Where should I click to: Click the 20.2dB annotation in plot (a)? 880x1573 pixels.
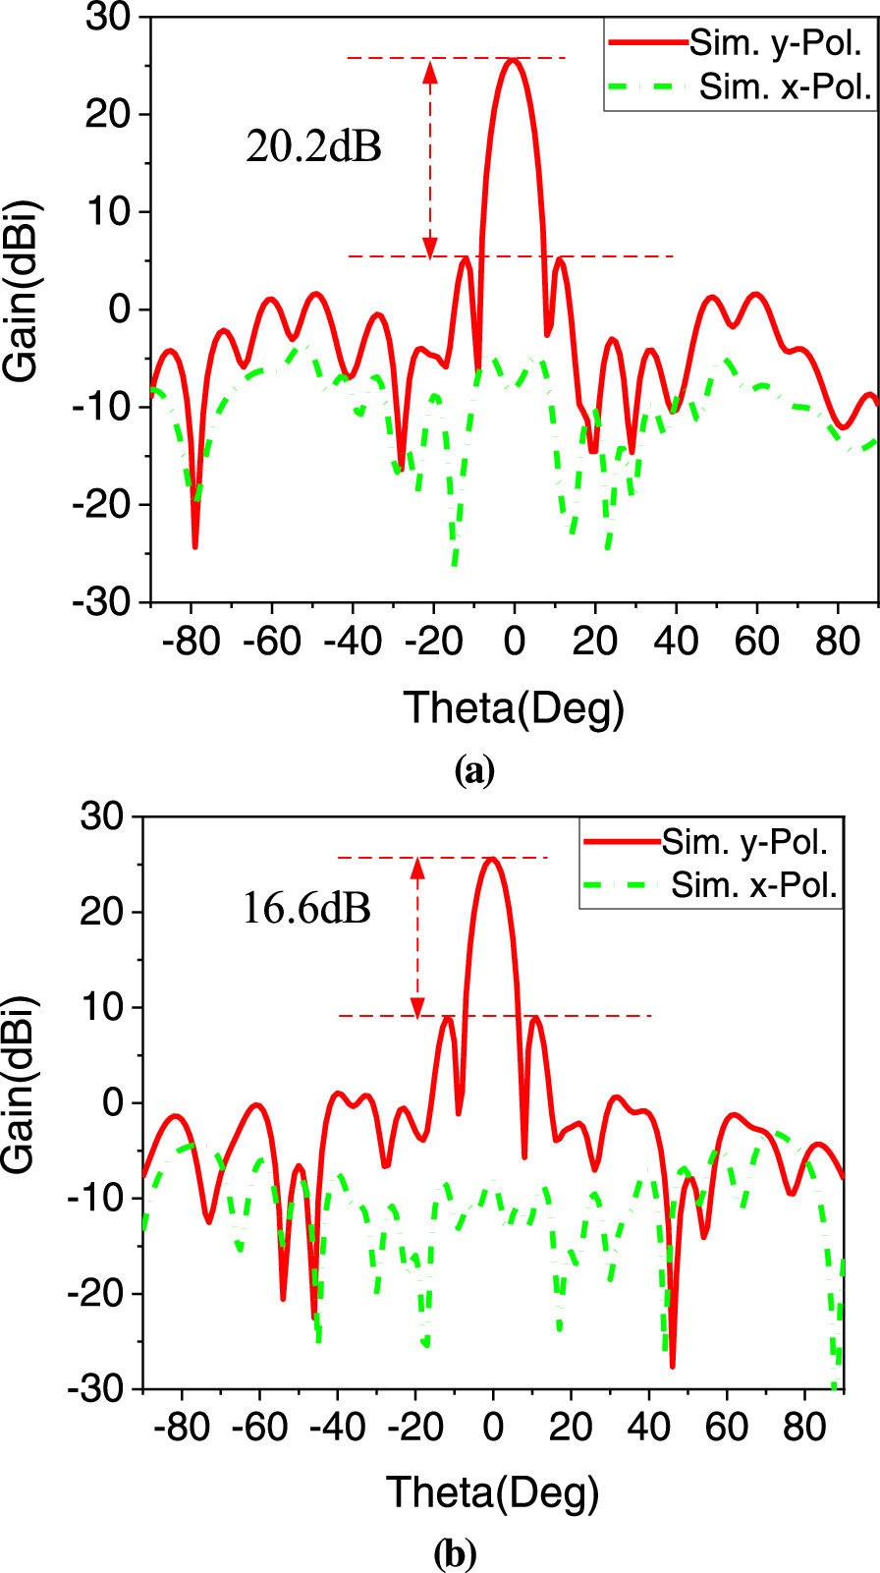pos(313,147)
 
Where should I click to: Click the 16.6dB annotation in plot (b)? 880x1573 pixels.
pos(306,909)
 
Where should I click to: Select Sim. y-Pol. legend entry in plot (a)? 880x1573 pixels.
pos(775,43)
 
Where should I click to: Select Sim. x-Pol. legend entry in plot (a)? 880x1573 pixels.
pos(785,87)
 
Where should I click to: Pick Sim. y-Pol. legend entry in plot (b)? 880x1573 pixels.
pos(745,842)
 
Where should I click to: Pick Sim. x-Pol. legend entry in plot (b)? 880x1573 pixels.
pos(753,886)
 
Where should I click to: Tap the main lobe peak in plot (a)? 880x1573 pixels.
pos(513,60)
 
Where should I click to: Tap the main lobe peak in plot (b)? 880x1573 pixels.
pos(492,859)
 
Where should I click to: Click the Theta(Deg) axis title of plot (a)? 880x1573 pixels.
pos(514,707)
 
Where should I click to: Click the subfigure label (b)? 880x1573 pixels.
pos(455,1554)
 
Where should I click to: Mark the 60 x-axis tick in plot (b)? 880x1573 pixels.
pos(726,1427)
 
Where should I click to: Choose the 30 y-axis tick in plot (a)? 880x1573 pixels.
pos(108,18)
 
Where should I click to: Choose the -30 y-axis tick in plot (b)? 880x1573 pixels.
pos(97,1388)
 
